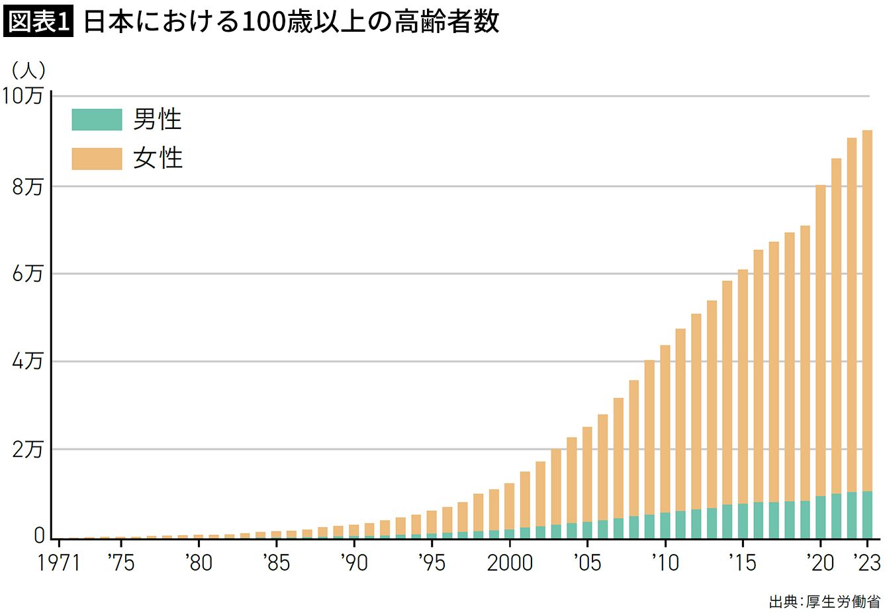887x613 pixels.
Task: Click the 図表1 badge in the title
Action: [38, 22]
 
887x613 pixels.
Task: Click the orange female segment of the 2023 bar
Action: [866, 311]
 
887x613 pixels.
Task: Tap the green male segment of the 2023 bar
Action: [866, 514]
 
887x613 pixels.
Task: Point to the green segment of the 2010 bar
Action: [665, 525]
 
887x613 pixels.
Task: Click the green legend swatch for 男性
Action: [97, 120]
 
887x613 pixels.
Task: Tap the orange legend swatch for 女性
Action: [97, 159]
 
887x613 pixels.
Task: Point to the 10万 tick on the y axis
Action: [24, 96]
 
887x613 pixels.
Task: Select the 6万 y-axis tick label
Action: [27, 274]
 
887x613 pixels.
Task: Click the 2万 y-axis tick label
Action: [27, 450]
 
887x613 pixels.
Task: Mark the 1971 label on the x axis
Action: [58, 563]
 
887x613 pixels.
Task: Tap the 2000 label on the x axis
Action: [509, 563]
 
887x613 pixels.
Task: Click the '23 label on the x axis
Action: [866, 563]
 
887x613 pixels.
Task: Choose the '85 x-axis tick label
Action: [276, 563]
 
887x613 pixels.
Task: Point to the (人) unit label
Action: [28, 69]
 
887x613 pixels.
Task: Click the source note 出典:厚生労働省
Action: [825, 601]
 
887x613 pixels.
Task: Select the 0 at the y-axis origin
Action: [40, 536]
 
